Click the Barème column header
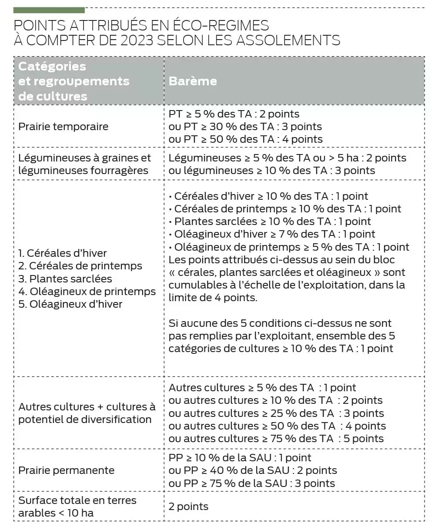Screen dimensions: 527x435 click(193, 81)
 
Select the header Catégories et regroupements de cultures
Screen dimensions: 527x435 click(74, 81)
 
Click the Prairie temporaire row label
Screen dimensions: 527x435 click(64, 127)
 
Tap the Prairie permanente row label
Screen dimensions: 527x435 click(67, 470)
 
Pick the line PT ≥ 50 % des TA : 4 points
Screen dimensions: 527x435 click(246, 139)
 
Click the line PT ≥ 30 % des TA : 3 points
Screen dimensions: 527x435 click(245, 127)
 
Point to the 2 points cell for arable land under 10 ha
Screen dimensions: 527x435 click(188, 507)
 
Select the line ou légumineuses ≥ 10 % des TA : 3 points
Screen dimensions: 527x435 click(272, 171)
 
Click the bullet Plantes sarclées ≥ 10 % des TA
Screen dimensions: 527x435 click(270, 222)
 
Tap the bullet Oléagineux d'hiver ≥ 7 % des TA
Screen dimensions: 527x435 click(272, 234)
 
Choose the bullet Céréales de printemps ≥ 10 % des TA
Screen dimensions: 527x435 click(285, 209)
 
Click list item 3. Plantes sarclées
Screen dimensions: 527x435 click(65, 279)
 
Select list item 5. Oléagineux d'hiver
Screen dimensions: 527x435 click(70, 304)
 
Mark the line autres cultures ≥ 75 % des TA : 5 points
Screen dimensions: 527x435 click(276, 439)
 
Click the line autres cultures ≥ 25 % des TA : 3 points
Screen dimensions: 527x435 click(276, 413)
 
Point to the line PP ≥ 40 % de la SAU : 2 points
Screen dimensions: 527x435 click(253, 470)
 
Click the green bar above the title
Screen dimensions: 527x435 click(49, 10)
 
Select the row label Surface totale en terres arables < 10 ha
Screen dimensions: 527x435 click(77, 507)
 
